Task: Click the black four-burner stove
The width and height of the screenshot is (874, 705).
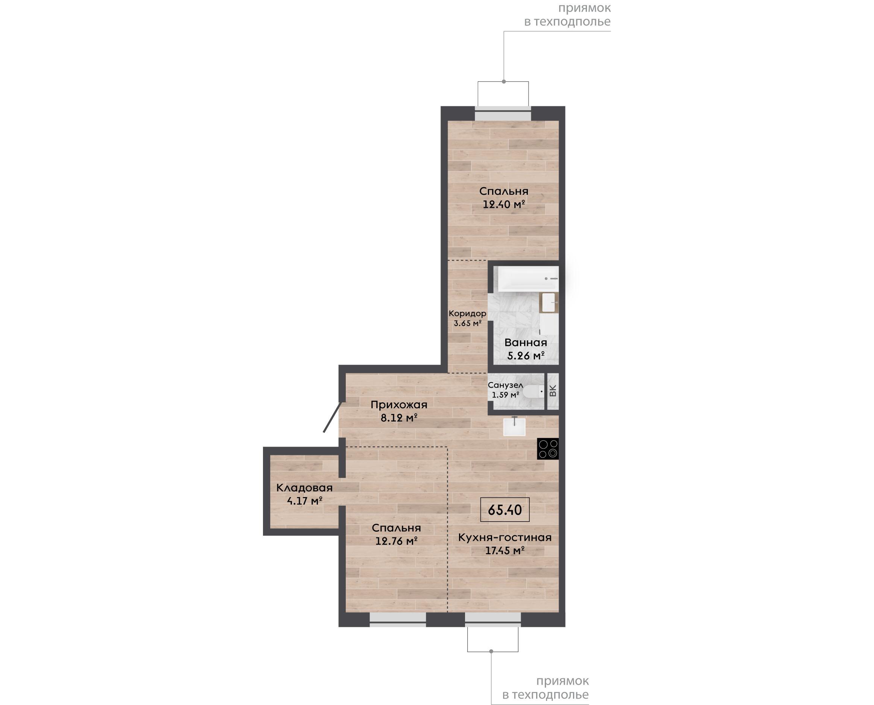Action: [548, 449]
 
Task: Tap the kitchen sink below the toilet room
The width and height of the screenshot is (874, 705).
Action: [514, 427]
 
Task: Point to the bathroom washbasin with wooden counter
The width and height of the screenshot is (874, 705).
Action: [549, 303]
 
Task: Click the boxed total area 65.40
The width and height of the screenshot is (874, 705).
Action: [505, 509]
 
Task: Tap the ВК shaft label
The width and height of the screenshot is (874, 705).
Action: [553, 391]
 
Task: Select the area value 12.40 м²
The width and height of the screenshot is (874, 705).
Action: [504, 204]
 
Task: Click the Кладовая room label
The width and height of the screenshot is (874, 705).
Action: [304, 488]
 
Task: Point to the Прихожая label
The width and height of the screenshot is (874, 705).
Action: [399, 405]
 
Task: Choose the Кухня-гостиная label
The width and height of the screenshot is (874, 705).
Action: [505, 537]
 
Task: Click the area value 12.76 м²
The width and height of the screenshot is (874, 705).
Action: [397, 541]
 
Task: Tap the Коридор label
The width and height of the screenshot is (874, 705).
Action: [467, 314]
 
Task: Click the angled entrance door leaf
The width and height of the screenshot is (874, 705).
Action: [332, 417]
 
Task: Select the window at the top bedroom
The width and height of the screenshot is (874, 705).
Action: [503, 114]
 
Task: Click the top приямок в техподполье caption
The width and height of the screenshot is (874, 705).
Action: [568, 15]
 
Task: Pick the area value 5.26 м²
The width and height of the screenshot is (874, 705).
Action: [526, 356]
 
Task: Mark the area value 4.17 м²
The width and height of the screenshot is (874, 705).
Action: [305, 501]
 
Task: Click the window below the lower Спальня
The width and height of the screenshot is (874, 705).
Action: [398, 619]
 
